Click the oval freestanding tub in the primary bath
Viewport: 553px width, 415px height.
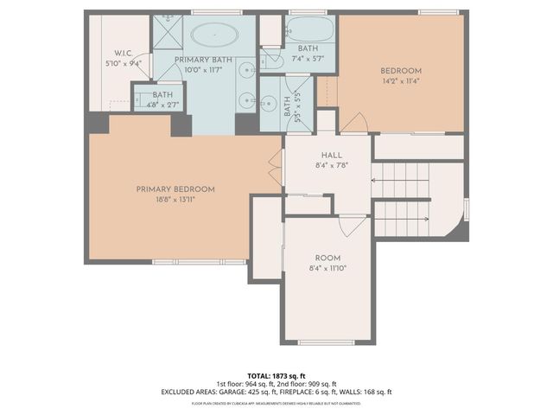coord(213,35)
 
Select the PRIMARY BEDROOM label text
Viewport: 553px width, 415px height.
coord(175,188)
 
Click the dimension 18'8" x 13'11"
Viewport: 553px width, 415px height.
coord(175,199)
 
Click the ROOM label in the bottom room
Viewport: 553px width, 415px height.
coord(327,259)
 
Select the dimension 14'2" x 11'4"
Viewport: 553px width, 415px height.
coord(400,81)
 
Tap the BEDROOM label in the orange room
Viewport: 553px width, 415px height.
coord(400,71)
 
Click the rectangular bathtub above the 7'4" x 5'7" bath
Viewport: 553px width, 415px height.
coord(307,27)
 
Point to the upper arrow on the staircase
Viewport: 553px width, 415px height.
coord(374,180)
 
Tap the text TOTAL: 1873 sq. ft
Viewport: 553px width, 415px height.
coord(276,376)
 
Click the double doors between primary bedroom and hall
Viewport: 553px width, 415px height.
coord(276,169)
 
